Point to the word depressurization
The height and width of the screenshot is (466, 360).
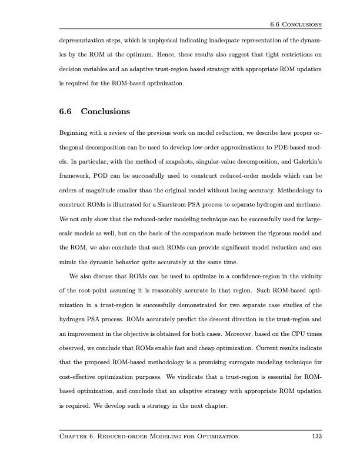[85, 44]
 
